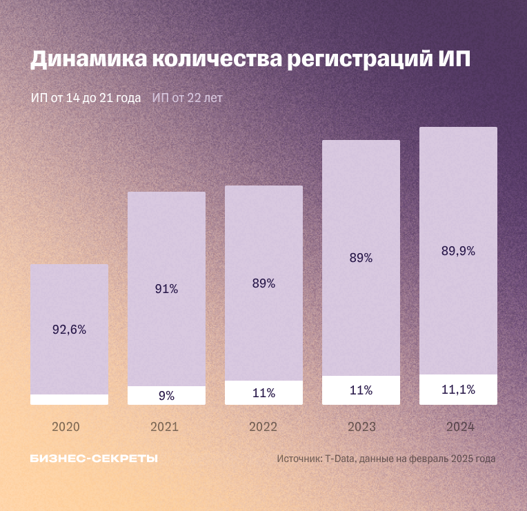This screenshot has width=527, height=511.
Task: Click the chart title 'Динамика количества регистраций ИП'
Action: [x=250, y=59]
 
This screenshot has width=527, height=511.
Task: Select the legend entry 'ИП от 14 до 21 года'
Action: [x=86, y=98]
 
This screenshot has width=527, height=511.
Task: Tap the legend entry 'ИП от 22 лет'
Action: [x=188, y=98]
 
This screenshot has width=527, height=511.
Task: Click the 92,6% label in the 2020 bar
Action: [x=69, y=330]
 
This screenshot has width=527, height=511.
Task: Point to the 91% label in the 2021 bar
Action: [x=166, y=289]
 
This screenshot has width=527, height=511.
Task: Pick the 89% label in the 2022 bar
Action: [x=263, y=283]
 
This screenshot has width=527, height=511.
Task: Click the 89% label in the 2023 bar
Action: [x=361, y=258]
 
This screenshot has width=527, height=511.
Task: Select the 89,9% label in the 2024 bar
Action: [x=458, y=251]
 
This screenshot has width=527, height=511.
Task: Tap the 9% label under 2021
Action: [x=166, y=396]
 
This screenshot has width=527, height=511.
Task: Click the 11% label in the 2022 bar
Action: [x=263, y=393]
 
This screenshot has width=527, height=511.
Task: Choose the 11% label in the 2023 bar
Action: [x=361, y=390]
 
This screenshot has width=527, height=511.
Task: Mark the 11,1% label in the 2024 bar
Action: [x=458, y=390]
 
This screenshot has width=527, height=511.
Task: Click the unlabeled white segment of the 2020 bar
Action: [x=69, y=399]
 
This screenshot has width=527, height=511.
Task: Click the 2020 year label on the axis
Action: [x=66, y=427]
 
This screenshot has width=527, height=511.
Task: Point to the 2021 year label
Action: [x=164, y=427]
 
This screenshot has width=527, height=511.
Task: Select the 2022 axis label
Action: [x=263, y=427]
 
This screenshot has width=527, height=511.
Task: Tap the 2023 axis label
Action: [x=361, y=427]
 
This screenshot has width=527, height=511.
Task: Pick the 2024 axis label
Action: [x=460, y=427]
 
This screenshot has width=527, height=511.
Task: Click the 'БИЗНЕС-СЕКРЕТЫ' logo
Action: [x=94, y=459]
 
